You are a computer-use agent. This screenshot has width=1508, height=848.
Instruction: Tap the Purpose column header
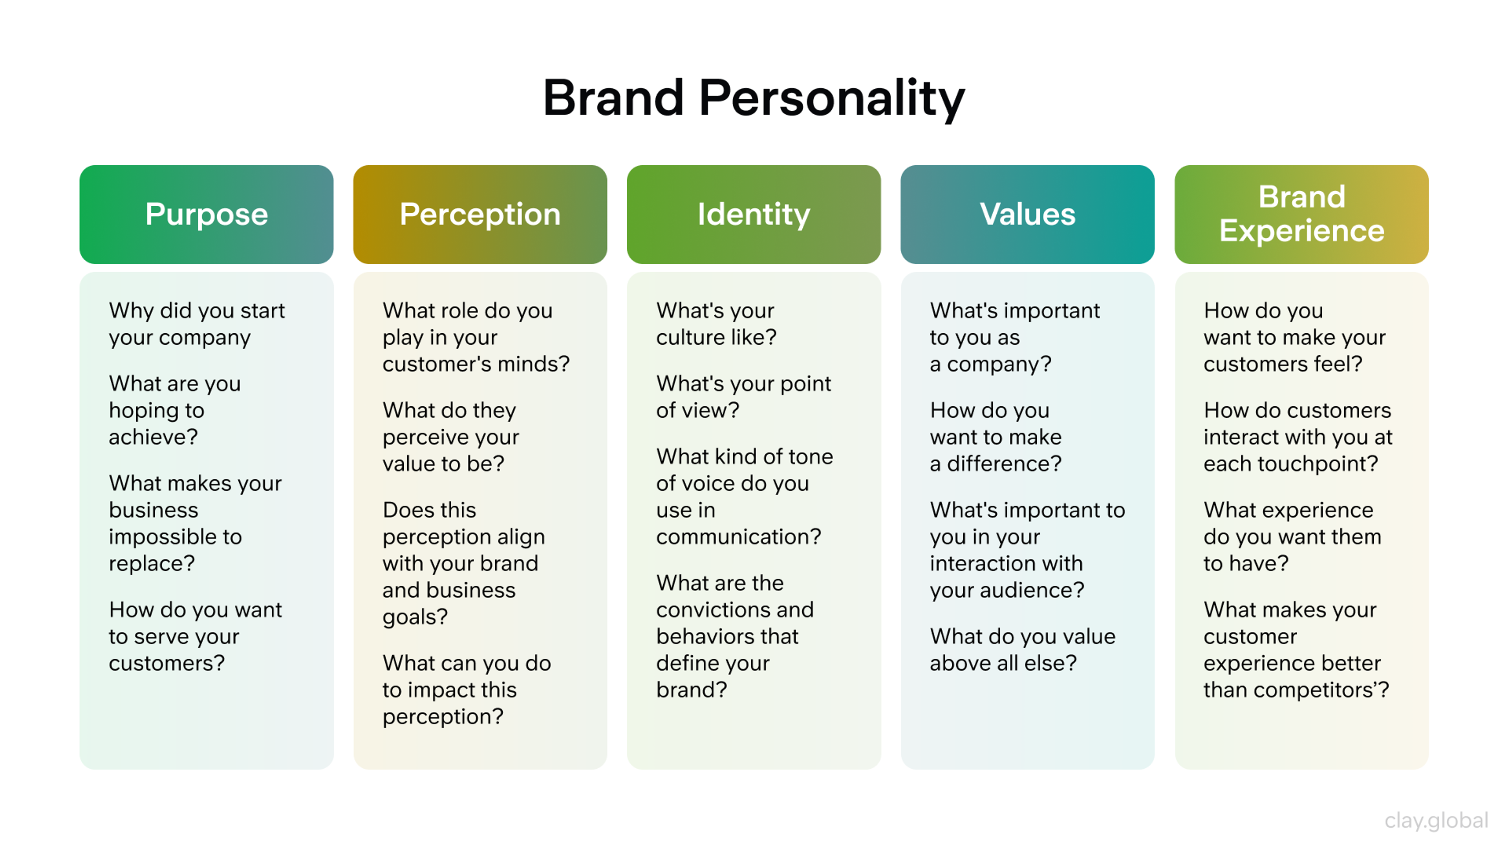click(x=206, y=214)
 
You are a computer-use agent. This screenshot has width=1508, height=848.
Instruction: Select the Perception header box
click(x=480, y=214)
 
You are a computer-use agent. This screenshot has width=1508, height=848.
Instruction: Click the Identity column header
click(x=754, y=214)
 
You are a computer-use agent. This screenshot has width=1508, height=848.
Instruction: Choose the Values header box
click(x=1027, y=214)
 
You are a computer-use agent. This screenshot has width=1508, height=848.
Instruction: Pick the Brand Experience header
click(x=1301, y=214)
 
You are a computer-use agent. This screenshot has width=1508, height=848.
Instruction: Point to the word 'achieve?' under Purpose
click(x=154, y=437)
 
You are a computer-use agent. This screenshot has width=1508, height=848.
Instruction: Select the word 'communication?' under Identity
click(x=738, y=537)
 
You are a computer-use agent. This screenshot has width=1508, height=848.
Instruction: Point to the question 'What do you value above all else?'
click(x=1022, y=650)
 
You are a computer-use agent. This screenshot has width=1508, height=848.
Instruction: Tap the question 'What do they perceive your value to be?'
click(x=451, y=437)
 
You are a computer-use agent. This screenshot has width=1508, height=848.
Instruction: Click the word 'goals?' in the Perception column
click(x=415, y=617)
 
